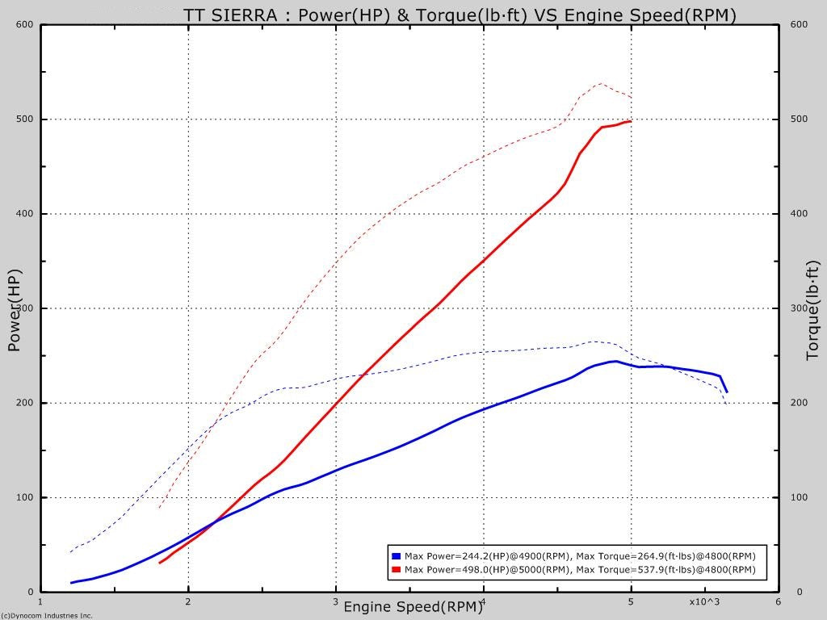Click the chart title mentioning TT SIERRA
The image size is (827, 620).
[x=460, y=15]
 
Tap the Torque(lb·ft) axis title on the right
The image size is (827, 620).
[x=812, y=310]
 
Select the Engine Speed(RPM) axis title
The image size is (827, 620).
[x=413, y=606]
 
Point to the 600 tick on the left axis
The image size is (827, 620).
[x=25, y=24]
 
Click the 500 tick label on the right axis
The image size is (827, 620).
[x=798, y=119]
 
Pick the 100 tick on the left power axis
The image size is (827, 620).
[x=25, y=497]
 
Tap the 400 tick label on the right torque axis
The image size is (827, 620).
[x=798, y=214]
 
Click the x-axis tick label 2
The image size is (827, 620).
[x=188, y=601]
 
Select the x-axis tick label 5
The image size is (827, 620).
[x=631, y=601]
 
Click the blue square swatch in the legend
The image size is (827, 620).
[x=396, y=556]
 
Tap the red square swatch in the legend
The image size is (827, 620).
[x=396, y=569]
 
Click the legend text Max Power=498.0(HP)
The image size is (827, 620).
[x=457, y=570]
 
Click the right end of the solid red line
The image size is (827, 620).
[x=630, y=121]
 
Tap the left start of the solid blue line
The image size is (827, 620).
[x=72, y=582]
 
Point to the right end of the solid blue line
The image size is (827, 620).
[x=726, y=392]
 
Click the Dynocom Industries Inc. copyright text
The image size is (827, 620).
[x=47, y=615]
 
